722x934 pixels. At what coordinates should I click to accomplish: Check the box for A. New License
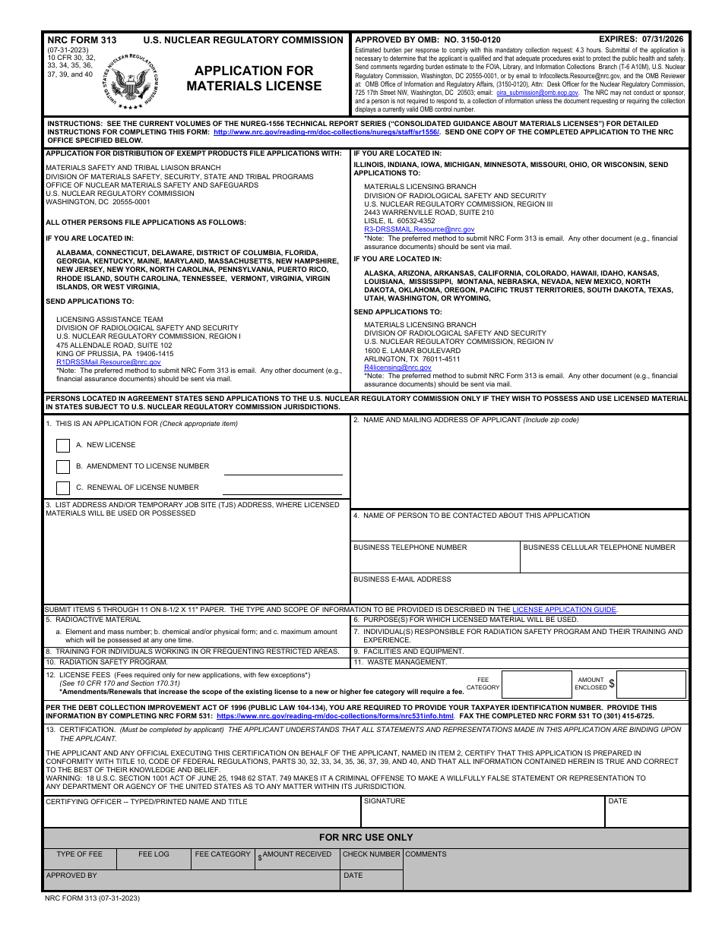[x=63, y=446]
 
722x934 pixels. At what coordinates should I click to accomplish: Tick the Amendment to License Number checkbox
[x=63, y=467]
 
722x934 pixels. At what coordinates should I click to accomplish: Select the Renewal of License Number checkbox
[x=63, y=488]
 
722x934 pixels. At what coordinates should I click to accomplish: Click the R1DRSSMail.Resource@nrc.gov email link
[x=109, y=362]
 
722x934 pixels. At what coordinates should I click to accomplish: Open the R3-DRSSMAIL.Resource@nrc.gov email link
[x=419, y=229]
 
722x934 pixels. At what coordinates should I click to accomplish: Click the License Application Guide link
[x=564, y=610]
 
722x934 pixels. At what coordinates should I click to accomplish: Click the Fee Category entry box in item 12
[x=537, y=684]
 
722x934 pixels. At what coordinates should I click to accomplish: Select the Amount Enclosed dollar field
[x=651, y=684]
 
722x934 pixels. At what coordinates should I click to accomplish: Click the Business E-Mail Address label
[x=402, y=579]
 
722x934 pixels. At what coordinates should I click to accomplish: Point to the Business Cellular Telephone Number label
[x=599, y=547]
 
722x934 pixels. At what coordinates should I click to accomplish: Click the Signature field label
[x=385, y=801]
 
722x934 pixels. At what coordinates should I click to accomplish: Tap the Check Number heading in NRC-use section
[x=371, y=854]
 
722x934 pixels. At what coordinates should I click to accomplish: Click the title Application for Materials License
[x=254, y=78]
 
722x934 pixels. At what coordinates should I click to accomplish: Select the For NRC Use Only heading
[x=366, y=838]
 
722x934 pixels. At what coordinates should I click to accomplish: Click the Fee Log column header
[x=154, y=854]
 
